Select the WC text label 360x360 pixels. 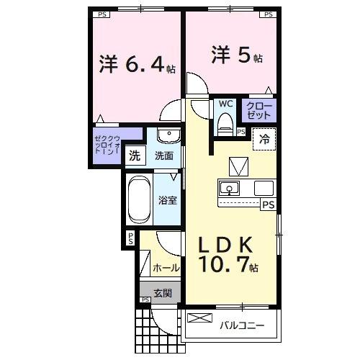[225, 103]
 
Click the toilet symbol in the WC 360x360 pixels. [225, 122]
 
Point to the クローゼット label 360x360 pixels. [259, 110]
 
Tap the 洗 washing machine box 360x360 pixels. [134, 155]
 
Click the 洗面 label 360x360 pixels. [163, 155]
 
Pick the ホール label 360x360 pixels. [166, 268]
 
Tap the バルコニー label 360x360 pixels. [242, 325]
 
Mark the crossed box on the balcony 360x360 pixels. [197, 318]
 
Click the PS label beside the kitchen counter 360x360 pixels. [268, 204]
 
